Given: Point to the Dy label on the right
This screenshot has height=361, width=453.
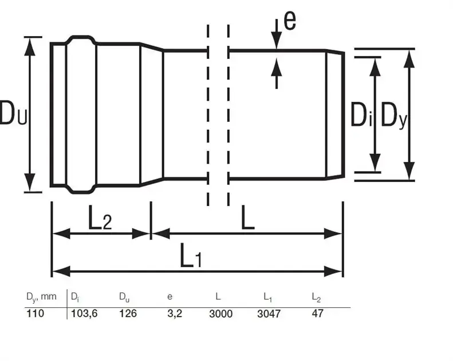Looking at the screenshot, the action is click(394, 116).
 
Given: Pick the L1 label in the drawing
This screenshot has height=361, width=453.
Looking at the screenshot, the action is click(191, 255).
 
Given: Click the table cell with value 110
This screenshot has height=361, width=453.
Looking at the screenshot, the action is click(36, 313).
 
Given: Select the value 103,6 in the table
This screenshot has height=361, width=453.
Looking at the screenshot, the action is click(84, 314).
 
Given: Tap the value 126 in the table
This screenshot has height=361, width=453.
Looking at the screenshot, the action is click(128, 313).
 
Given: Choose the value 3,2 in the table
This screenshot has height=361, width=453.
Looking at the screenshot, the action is click(175, 314).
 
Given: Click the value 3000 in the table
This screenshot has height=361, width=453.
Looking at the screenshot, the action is click(220, 314).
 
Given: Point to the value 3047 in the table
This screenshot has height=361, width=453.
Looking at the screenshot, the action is click(269, 314).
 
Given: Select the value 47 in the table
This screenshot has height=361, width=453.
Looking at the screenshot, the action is click(317, 313).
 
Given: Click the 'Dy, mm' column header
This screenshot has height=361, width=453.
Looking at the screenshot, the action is click(41, 297).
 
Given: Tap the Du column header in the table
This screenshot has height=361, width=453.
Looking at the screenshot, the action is click(124, 297).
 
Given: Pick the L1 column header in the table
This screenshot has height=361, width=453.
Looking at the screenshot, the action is click(267, 297).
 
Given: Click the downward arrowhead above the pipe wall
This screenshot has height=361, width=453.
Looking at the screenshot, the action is click(277, 41).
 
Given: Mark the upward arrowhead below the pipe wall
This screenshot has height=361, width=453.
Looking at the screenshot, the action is click(277, 67).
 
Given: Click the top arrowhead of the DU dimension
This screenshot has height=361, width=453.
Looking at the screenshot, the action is click(29, 47).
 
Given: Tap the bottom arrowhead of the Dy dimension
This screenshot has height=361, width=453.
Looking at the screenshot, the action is click(409, 171).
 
